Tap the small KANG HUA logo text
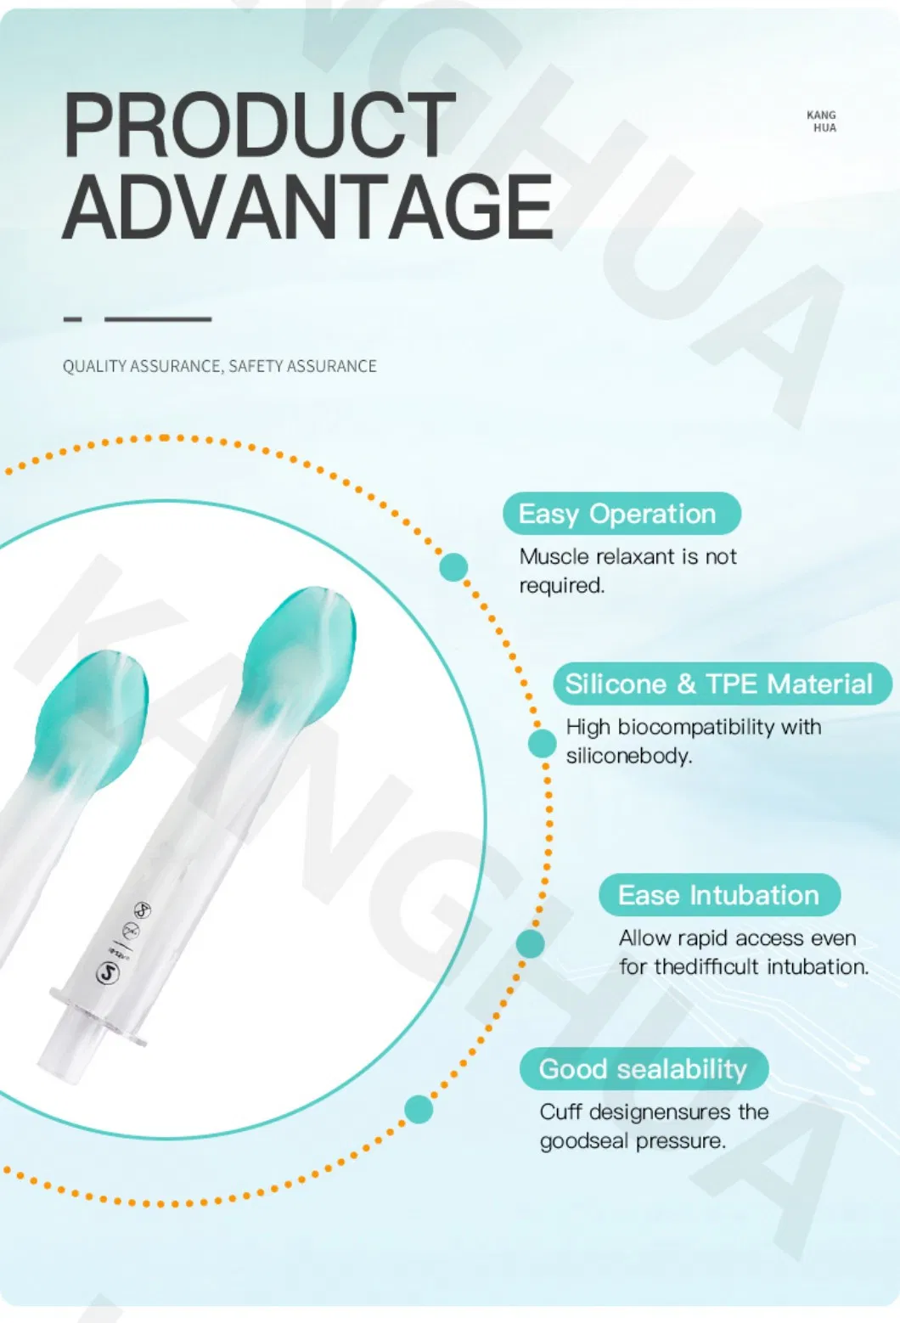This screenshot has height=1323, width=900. point(822,121)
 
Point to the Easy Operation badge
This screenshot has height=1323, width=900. point(621,514)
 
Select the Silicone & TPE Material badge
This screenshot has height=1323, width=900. point(721,684)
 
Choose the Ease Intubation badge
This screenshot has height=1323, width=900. point(719,895)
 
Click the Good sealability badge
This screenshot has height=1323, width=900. point(644,1069)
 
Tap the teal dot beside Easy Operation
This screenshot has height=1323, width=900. point(453,566)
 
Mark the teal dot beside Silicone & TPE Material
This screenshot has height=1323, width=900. point(541,743)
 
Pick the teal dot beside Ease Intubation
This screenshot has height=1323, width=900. point(530,943)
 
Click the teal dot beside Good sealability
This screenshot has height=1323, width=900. point(418,1109)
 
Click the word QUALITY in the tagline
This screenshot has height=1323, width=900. point(93,366)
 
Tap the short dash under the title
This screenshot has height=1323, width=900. point(73,319)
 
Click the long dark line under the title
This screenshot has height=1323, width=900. point(158,319)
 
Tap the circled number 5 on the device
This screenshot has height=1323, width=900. point(108,973)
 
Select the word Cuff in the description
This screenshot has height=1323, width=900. point(560,1112)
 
